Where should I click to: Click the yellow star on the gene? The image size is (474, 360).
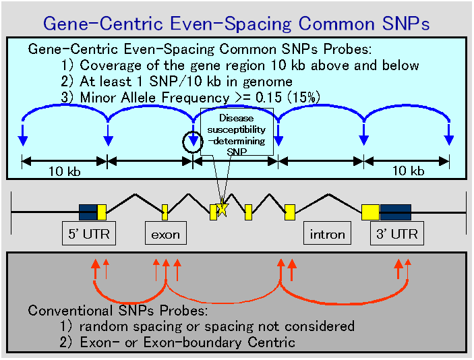pyautogui.click(x=223, y=208)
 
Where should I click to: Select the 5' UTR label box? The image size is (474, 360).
pyautogui.click(x=89, y=233)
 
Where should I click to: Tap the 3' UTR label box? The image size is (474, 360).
pyautogui.click(x=397, y=233)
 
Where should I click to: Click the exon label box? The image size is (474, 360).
pyautogui.click(x=166, y=233)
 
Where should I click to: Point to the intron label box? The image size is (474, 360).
pyautogui.click(x=328, y=233)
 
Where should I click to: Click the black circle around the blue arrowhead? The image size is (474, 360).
pyautogui.click(x=183, y=142)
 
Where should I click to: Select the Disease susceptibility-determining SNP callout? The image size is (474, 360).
pyautogui.click(x=237, y=132)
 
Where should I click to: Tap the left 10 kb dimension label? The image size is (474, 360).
pyautogui.click(x=65, y=171)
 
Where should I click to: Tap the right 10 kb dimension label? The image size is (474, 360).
pyautogui.click(x=409, y=171)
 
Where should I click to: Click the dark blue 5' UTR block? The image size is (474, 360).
pyautogui.click(x=88, y=212)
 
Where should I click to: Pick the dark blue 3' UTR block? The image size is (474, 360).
pyautogui.click(x=396, y=212)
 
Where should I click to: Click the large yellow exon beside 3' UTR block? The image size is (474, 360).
pyautogui.click(x=371, y=212)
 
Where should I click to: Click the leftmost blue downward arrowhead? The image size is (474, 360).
pyautogui.click(x=23, y=141)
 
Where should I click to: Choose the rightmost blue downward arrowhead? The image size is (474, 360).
pyautogui.click(x=449, y=140)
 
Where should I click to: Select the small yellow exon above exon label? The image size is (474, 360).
pyautogui.click(x=165, y=212)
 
